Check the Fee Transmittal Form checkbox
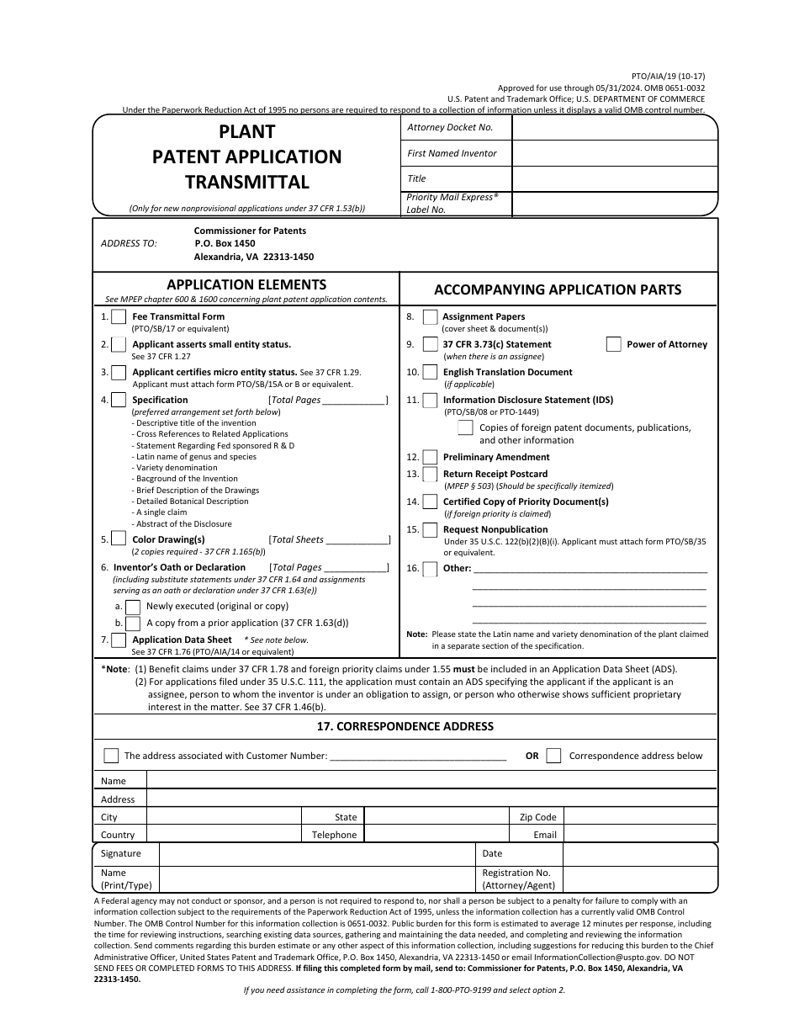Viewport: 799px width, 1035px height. pos(119,317)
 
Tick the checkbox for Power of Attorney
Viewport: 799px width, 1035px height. pos(614,344)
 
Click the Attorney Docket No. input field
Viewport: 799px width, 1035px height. pos(614,128)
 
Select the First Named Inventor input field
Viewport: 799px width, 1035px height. pos(614,153)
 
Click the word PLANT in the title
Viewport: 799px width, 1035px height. pos(246,132)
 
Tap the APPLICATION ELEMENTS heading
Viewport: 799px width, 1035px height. pos(246,284)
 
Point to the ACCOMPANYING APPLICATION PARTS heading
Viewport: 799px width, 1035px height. pos(558,289)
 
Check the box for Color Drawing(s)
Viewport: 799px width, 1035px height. pos(119,540)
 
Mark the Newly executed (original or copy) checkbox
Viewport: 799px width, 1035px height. pos(133,607)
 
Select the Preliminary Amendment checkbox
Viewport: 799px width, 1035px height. pos(430,457)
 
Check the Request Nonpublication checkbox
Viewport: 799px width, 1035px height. pos(430,530)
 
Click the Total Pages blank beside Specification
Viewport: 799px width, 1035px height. pos(353,400)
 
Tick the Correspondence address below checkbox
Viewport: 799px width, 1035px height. pos(553,756)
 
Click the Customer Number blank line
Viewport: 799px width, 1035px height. pos(418,756)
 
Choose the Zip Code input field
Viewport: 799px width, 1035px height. pos(639,816)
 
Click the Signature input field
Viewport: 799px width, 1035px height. pos(316,854)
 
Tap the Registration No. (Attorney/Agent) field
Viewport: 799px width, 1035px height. pos(639,879)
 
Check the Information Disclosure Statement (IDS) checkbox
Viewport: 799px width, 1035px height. pos(430,401)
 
